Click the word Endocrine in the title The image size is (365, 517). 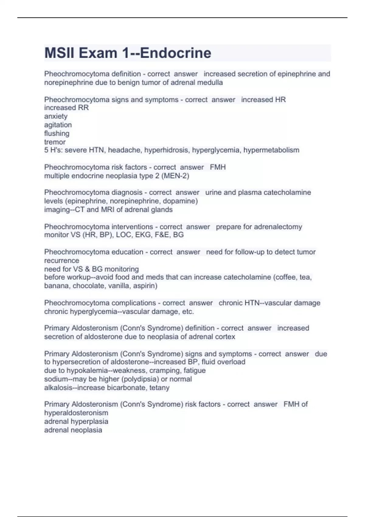point(176,53)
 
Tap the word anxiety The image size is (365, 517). point(56,116)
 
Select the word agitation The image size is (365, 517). point(58,125)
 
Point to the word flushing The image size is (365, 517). point(57,133)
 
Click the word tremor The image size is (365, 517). point(55,142)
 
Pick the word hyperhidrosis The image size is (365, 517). point(166,150)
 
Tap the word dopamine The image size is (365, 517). point(182,201)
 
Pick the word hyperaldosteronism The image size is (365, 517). point(76,413)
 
